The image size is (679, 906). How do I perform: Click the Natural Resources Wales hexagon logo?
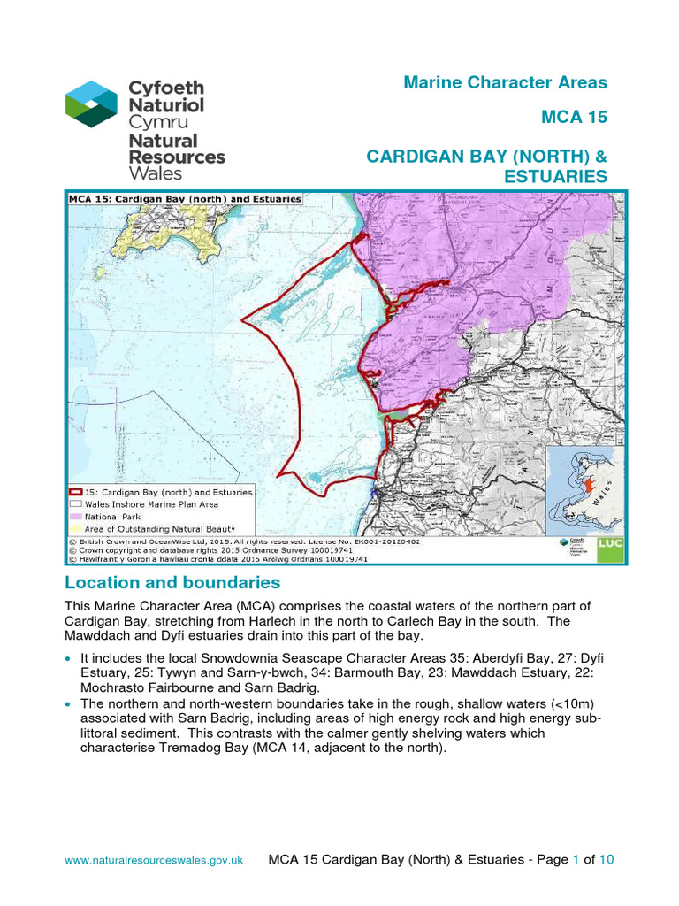click(x=91, y=104)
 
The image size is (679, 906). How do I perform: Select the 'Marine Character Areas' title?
click(x=505, y=82)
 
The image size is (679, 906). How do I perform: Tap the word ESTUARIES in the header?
click(x=555, y=177)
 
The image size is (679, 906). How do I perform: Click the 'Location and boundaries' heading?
click(x=172, y=583)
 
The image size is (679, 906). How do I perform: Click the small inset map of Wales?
click(x=584, y=491)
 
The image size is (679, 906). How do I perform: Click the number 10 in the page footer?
click(x=607, y=859)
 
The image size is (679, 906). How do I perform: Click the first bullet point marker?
click(x=70, y=660)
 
